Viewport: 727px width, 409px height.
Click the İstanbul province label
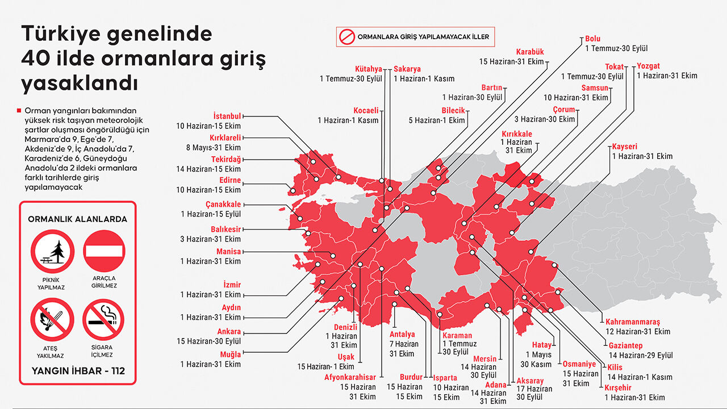227,115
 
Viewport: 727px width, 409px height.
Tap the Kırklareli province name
225,137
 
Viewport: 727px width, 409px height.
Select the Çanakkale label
223,204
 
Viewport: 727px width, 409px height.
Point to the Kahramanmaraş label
633,322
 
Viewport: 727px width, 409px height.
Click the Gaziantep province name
625,345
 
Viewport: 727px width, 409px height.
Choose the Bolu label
592,39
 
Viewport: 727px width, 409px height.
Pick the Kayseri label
625,147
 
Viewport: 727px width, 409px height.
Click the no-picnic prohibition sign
52,252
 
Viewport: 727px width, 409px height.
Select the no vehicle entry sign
104,251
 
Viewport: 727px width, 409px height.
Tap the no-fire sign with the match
52,320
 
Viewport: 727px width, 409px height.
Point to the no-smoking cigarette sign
103,320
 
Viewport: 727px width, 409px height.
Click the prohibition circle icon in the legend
347,37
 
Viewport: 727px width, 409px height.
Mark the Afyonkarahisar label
350,377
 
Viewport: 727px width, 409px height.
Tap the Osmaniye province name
579,364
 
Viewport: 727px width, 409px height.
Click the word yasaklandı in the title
80,82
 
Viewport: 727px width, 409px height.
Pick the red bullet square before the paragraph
20,110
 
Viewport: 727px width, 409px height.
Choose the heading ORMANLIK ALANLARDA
78,219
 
